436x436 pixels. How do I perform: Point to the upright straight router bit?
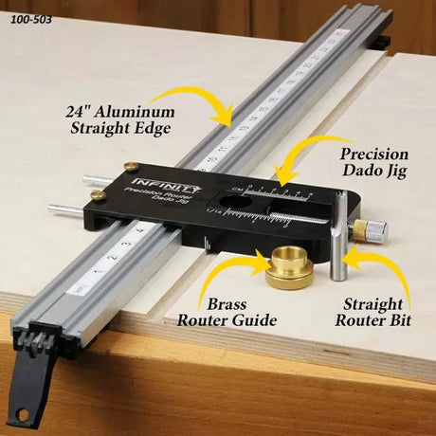point(338,250)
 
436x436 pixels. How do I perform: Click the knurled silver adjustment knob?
point(375,229)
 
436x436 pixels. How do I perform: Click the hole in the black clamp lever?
point(20,415)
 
